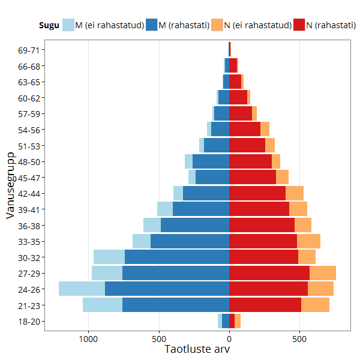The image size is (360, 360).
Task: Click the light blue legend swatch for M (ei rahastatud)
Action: point(68,25)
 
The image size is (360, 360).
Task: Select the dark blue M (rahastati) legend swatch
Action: point(151,25)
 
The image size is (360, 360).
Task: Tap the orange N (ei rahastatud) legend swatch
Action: point(217,25)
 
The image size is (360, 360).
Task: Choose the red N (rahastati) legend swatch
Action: point(299,25)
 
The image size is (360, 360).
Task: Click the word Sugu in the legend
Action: point(49,25)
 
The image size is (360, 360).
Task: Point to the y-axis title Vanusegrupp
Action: point(10,185)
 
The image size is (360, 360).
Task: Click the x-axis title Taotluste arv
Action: point(197,349)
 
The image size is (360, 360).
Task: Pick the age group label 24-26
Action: point(29,289)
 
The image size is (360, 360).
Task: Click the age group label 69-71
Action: point(29,50)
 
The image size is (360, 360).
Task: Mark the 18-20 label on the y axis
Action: point(29,321)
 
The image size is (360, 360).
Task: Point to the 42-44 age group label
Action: point(29,194)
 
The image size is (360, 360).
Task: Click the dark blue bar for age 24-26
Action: point(167,289)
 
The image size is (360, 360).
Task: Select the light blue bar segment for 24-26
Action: point(82,289)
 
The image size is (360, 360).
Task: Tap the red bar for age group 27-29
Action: point(269,273)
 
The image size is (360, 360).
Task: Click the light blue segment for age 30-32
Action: point(109,257)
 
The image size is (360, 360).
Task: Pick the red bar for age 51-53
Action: point(247,145)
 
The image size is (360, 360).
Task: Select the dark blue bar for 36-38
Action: point(194,225)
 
